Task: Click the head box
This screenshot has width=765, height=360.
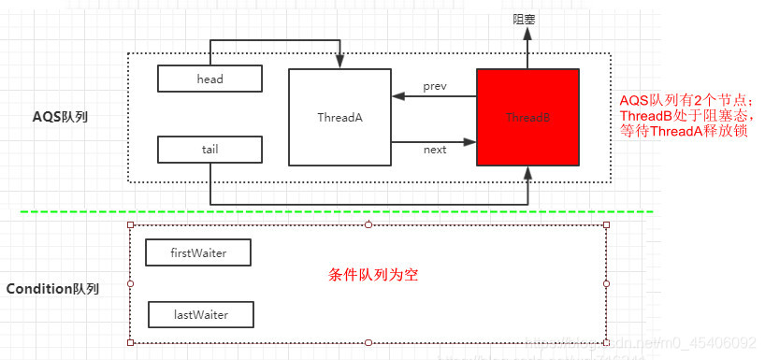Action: coord(209,79)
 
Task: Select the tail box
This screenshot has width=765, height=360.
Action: coord(209,149)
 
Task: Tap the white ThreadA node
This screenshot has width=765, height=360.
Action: coord(338,118)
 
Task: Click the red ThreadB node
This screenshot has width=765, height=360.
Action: coord(527,118)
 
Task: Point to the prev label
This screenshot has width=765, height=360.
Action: coord(435,86)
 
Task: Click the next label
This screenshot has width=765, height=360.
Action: coord(435,150)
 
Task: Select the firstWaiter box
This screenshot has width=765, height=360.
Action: coord(198,252)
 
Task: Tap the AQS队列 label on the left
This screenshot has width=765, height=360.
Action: coord(60,118)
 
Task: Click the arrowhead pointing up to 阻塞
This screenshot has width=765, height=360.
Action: coord(527,34)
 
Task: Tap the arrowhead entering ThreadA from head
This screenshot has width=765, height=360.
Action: coord(338,62)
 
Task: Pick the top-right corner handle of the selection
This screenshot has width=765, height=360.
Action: coord(607,225)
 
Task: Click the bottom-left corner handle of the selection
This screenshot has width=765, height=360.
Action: coord(131,342)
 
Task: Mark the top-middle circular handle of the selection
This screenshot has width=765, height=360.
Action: coord(368,225)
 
